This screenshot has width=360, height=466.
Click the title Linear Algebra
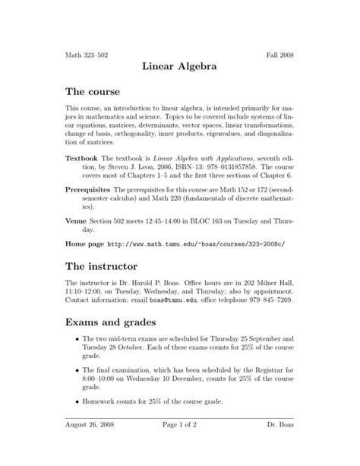[180, 67]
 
